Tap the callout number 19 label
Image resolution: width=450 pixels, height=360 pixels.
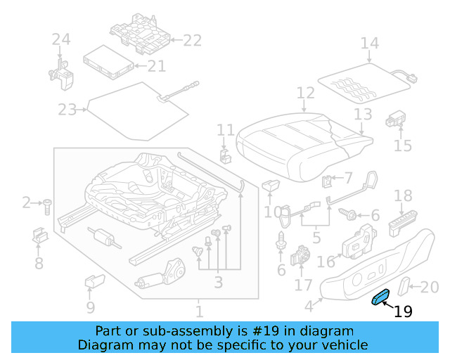pos(403,312)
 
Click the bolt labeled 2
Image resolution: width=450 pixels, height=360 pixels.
pos(46,205)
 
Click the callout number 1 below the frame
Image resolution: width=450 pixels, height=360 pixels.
pos(200,311)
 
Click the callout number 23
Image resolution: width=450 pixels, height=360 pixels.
pos(67,110)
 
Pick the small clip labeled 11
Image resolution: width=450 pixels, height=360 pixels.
pos(225,154)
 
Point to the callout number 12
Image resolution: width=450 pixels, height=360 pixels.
pos(305,94)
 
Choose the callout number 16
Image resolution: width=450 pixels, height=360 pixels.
pos(326,262)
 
